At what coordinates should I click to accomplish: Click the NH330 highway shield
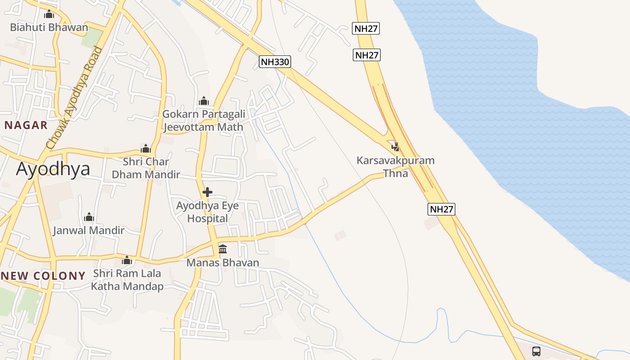pos(275,62)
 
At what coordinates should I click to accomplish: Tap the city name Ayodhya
pos(53,169)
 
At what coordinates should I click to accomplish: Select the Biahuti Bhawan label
pos(49,27)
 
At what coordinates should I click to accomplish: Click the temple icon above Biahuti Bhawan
pos(49,14)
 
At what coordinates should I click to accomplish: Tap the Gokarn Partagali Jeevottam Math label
pos(203,121)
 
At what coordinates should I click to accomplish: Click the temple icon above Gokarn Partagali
pos(204,101)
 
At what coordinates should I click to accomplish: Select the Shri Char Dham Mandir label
pos(146,168)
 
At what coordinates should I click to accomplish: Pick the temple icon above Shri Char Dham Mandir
pos(146,148)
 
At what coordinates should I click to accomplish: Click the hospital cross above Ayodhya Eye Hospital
pos(207,193)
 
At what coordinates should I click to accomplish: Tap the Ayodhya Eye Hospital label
pos(207,212)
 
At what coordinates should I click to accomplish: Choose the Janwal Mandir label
pos(89,230)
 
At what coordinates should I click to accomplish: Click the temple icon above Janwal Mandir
pos(89,217)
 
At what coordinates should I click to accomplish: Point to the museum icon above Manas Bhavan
pos(223,249)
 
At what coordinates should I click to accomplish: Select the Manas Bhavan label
pos(223,262)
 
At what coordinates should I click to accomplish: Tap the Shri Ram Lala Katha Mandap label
pos(127,279)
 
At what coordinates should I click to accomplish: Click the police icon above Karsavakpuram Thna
pos(396,147)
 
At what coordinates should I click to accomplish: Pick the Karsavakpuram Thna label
pos(396,166)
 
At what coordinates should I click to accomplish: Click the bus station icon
pos(536,351)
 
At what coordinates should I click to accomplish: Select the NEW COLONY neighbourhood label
pos(43,276)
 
